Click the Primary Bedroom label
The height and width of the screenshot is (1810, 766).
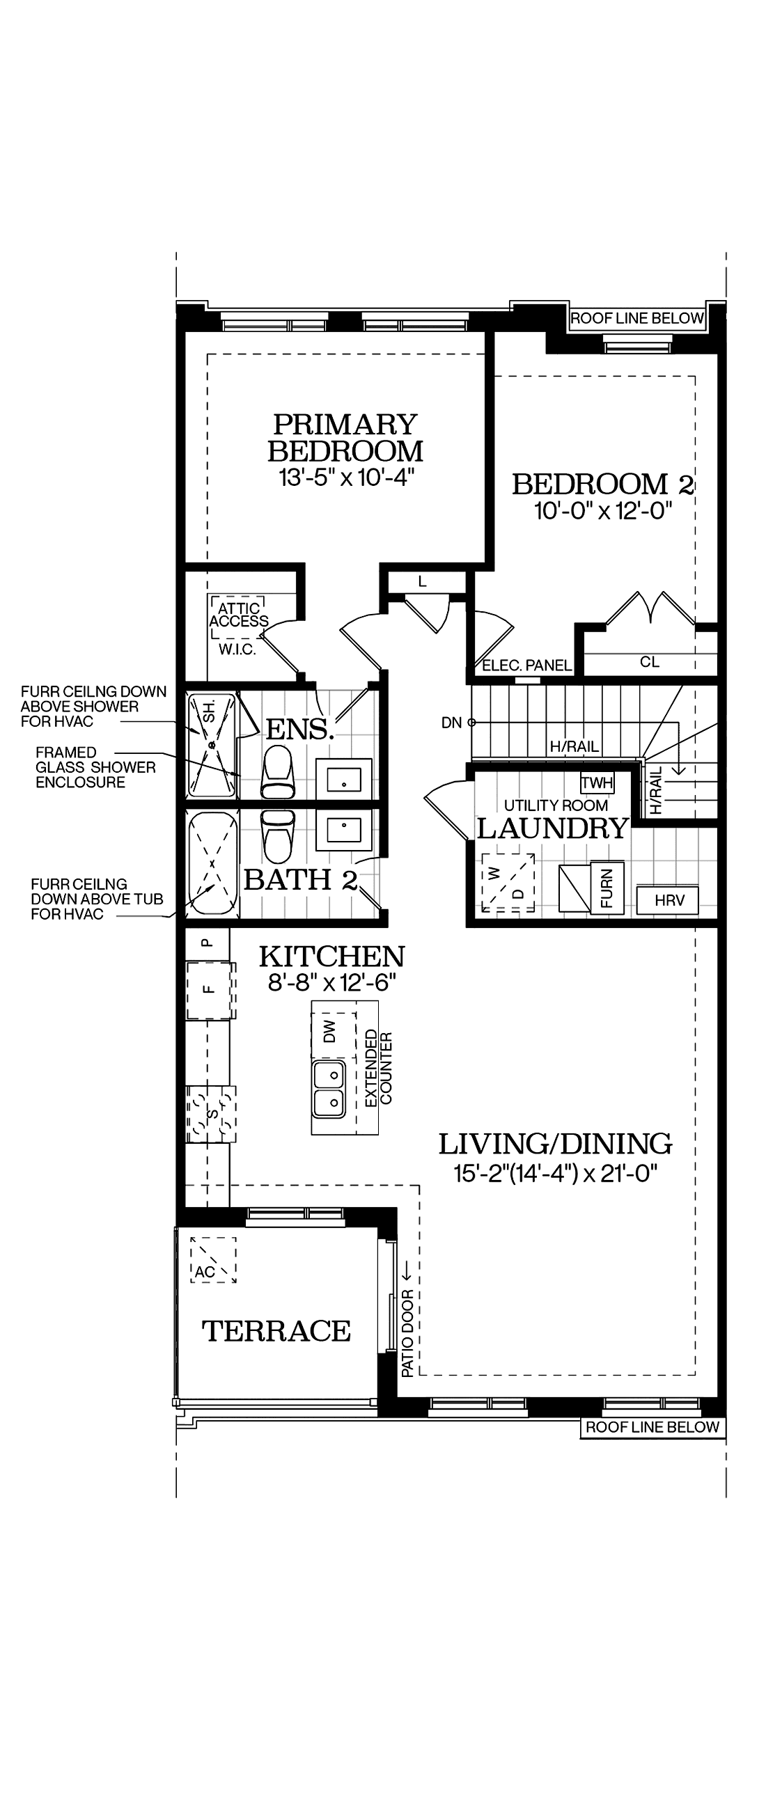(x=346, y=437)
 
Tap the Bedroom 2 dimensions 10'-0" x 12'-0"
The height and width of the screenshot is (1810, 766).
(x=604, y=511)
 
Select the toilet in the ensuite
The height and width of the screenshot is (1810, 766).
(x=277, y=772)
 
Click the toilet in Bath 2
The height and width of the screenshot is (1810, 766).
(x=277, y=836)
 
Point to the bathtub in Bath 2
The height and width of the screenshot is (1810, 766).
(x=212, y=863)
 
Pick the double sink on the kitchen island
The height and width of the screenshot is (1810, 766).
(x=329, y=1089)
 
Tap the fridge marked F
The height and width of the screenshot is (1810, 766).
(x=210, y=990)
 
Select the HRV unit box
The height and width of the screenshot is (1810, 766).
(x=668, y=900)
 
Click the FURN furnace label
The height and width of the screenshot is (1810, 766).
(x=607, y=887)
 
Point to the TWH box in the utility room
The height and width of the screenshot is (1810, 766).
(x=597, y=782)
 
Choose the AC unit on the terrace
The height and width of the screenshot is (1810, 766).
(x=213, y=1261)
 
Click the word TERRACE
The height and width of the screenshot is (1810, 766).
(x=276, y=1331)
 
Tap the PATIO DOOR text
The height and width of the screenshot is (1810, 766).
(x=407, y=1334)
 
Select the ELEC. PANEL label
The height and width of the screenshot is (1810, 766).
(x=526, y=666)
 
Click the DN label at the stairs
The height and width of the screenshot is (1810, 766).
(x=452, y=723)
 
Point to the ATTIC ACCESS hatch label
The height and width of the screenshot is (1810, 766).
(x=239, y=615)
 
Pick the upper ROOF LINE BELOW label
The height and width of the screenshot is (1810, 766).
(x=636, y=318)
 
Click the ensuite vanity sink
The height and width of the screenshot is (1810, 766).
(x=343, y=779)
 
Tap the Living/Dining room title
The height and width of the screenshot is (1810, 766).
(x=555, y=1144)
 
